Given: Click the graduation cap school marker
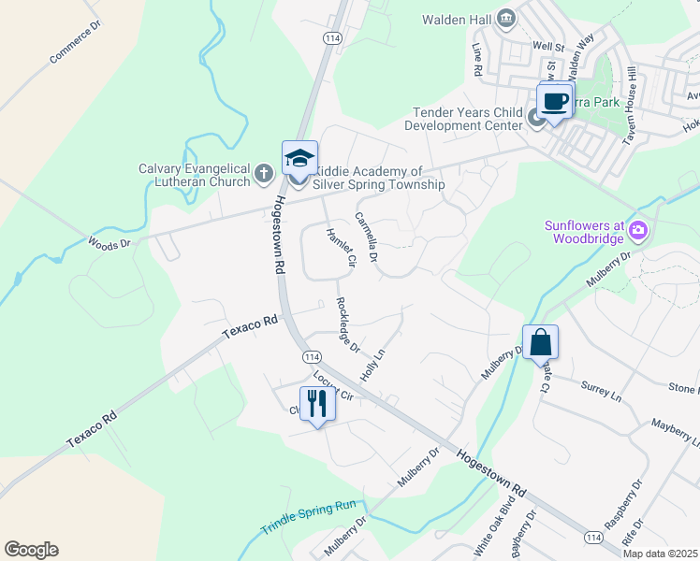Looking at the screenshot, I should pos(299,159).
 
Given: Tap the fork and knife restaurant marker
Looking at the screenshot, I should pos(317,403).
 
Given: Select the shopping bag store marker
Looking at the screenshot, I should pos(541,342).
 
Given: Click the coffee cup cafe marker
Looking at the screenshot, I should pos(554,101).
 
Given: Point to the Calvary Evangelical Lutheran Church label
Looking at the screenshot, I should pos(195,175).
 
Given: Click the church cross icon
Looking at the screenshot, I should pos(264,172).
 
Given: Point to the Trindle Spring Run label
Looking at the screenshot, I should pos(309,516).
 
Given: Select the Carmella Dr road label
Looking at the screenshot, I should pos(366,237).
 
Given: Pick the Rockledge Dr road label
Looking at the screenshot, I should pos(347,324).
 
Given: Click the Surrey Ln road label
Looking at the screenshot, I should pos(601,392).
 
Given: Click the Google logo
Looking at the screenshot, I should pos(31,550).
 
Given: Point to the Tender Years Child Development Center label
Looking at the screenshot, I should pos(468,119).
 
